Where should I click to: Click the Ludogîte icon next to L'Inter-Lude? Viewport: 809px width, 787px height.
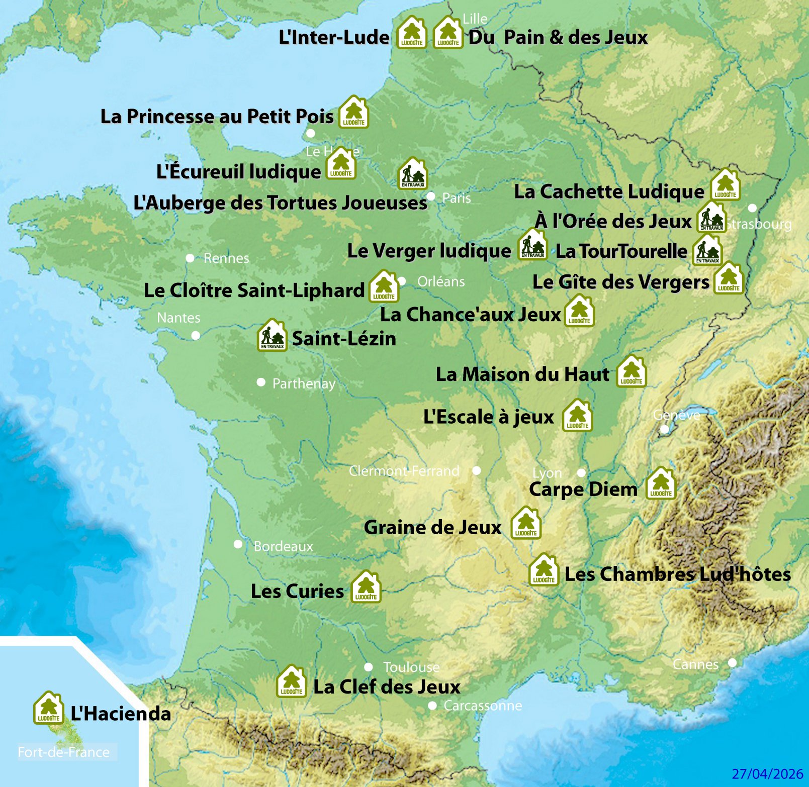tap(411, 33)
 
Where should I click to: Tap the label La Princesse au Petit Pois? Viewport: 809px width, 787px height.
tap(217, 117)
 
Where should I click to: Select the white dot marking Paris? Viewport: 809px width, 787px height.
tap(431, 196)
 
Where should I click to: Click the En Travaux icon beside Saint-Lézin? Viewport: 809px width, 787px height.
tap(272, 336)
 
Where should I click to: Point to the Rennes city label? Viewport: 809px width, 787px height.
tap(226, 258)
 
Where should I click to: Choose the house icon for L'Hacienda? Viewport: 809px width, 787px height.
tap(48, 709)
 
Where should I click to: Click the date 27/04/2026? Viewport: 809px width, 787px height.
tap(767, 774)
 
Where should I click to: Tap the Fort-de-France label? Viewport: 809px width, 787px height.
tap(63, 752)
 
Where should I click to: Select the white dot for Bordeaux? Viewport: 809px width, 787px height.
tap(238, 544)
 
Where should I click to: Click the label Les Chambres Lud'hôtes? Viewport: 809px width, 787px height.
tap(677, 574)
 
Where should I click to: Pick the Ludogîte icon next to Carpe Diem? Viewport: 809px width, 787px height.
tap(661, 484)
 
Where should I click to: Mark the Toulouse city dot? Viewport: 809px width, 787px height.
tap(369, 667)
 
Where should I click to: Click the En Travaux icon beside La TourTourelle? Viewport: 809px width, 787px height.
tap(707, 250)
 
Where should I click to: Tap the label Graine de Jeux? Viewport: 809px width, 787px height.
tap(432, 528)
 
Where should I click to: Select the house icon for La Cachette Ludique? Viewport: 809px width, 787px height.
tap(725, 185)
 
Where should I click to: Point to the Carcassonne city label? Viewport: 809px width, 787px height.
tap(482, 706)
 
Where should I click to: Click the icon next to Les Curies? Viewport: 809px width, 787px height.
tap(366, 587)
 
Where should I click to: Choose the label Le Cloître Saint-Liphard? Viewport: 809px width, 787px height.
tap(254, 290)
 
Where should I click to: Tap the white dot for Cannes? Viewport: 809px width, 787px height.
tap(732, 663)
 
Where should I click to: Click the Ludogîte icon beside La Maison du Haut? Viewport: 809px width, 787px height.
tap(632, 372)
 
